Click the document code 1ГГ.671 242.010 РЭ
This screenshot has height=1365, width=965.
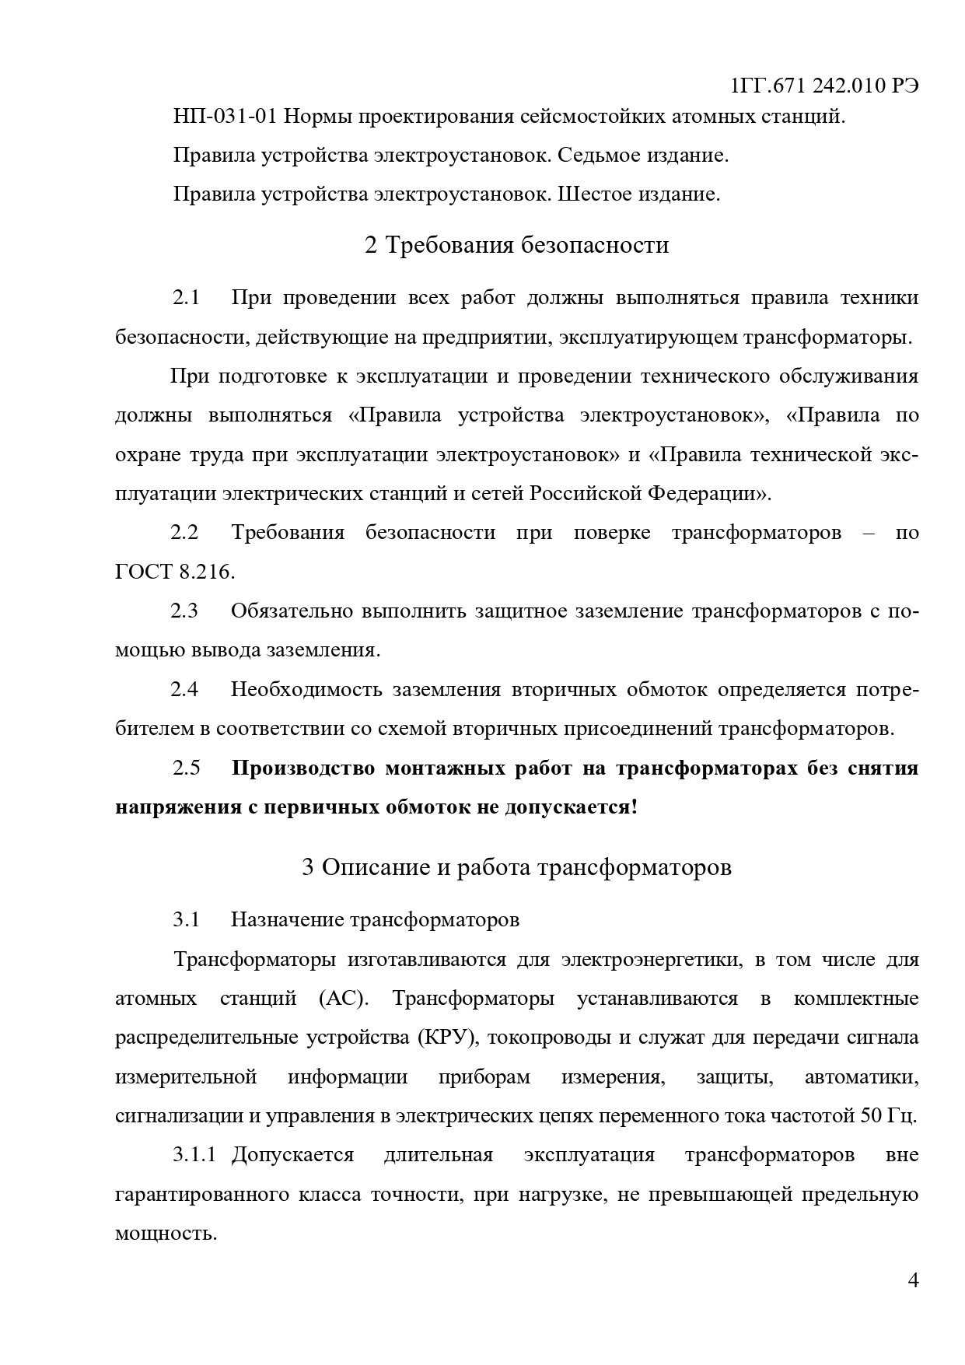825,86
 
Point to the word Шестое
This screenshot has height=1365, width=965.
595,194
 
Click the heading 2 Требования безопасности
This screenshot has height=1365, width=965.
516,245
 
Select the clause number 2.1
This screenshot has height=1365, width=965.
186,298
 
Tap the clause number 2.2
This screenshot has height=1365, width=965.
184,533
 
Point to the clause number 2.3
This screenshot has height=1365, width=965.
184,611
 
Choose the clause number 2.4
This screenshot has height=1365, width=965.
184,690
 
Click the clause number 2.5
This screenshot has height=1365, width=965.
186,768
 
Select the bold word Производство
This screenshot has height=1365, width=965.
302,768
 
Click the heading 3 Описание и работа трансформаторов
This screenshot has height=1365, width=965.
516,867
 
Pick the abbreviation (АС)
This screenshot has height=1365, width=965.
342,999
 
